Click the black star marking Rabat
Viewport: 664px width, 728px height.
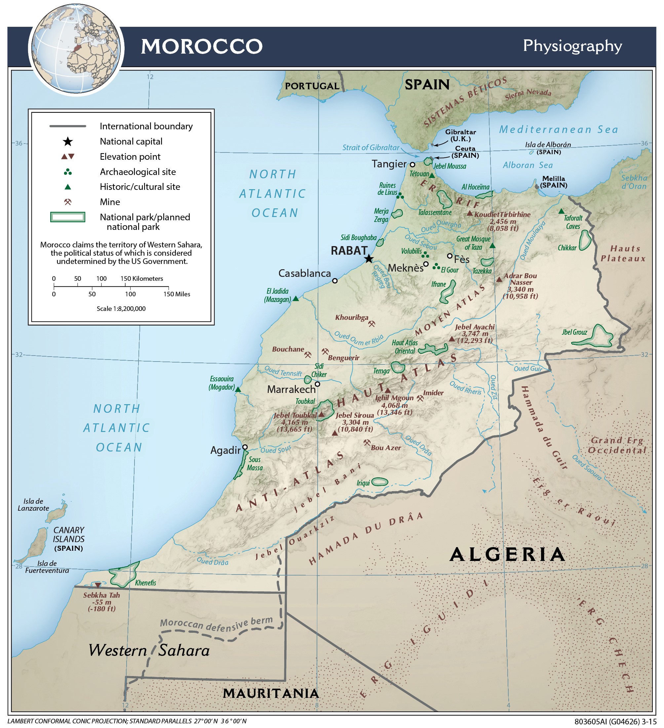(x=369, y=259)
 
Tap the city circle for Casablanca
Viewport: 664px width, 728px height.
(x=334, y=280)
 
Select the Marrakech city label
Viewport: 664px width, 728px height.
(x=291, y=389)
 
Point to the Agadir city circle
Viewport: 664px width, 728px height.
(x=245, y=447)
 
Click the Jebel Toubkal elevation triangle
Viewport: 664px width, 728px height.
(x=321, y=414)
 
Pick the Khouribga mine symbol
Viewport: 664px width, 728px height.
(x=371, y=323)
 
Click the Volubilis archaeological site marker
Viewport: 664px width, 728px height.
(x=425, y=255)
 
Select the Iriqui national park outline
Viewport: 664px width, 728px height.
(x=380, y=481)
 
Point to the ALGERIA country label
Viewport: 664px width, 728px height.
(x=507, y=554)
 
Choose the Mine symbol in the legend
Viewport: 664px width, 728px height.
(x=67, y=202)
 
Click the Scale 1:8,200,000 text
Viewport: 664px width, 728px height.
(x=121, y=308)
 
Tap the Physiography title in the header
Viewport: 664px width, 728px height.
(x=572, y=46)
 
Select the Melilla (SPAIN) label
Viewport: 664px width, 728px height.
(x=554, y=182)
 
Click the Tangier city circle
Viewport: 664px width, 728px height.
(x=412, y=164)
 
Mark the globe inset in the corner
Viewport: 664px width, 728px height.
(x=76, y=49)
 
